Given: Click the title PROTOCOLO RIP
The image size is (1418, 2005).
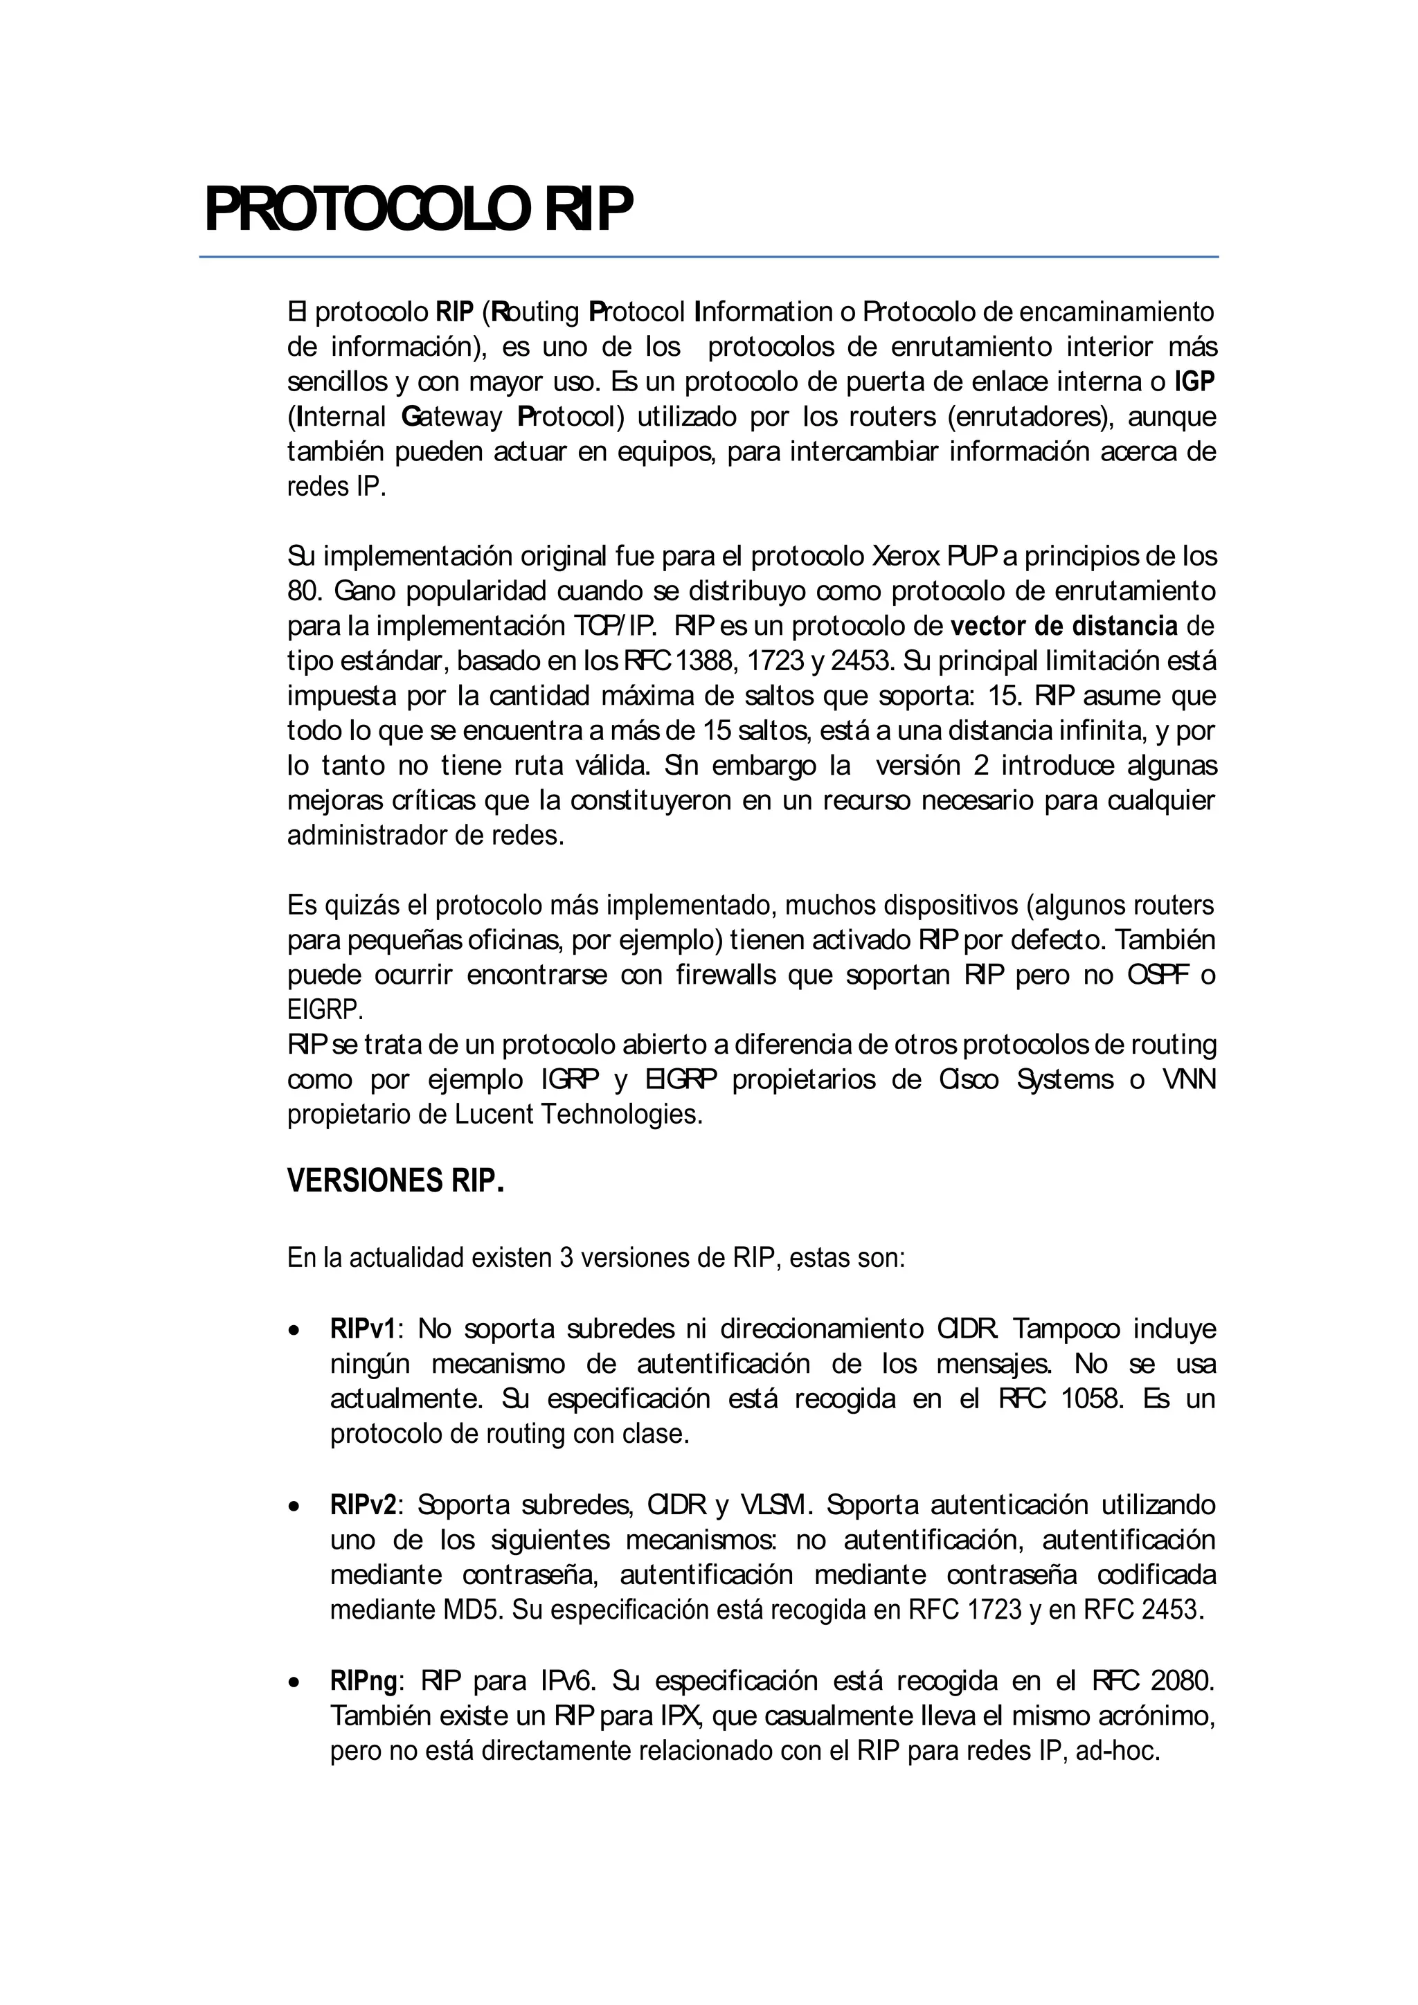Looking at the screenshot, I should pos(418,210).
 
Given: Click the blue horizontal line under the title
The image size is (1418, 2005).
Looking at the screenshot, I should pos(708,257).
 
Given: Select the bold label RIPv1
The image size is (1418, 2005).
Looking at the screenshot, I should pos(362,1329).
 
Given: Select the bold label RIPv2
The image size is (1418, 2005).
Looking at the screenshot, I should pos(362,1504).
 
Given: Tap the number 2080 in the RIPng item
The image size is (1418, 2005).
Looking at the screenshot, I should pos(1183,1680).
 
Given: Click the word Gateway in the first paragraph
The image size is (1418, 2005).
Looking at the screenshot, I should pos(451,417).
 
